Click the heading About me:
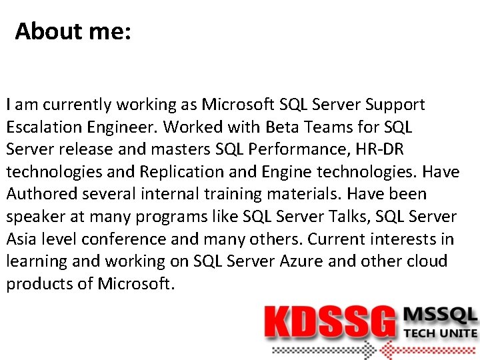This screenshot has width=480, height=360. [73, 31]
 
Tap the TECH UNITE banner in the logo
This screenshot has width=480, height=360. [440, 333]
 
